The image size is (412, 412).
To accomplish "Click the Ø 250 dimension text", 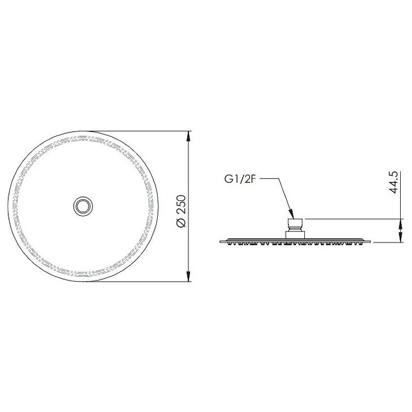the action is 181,211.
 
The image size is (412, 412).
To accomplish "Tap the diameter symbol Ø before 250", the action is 181,223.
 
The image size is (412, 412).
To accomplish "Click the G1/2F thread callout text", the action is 240,179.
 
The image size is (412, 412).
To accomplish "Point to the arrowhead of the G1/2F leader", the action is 291,214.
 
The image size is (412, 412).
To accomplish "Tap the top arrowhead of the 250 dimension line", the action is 188,136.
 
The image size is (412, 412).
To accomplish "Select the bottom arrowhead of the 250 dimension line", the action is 188,276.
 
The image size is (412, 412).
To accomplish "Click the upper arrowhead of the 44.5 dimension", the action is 401,224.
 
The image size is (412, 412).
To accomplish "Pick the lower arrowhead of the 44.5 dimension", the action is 401,237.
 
